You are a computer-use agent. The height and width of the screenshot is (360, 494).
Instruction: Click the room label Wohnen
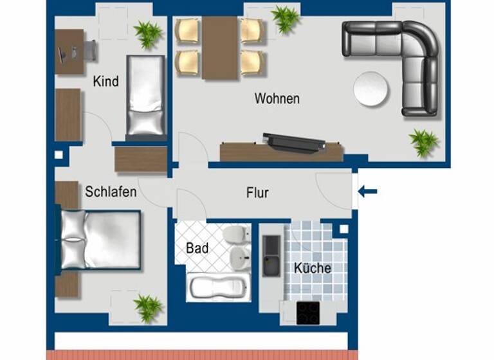(x=277, y=99)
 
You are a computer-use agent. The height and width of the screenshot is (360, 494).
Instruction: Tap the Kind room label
(x=105, y=82)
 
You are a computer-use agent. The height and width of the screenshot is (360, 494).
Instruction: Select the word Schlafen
(x=111, y=192)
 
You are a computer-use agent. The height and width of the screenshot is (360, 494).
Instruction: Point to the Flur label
(x=257, y=193)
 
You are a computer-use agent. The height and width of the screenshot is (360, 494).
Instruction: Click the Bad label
(x=197, y=248)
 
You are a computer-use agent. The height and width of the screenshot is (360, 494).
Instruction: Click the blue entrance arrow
(x=367, y=191)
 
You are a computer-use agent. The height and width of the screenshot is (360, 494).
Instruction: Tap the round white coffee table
(x=372, y=88)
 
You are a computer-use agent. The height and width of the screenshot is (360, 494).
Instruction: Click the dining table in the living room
(x=220, y=48)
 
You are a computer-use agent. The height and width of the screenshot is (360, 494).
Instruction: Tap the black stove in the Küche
(x=307, y=312)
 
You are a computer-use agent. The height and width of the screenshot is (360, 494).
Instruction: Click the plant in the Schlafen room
(x=148, y=307)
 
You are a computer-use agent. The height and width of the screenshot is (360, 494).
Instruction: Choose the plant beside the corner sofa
(x=424, y=141)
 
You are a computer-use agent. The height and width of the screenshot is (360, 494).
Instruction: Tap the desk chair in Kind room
(x=90, y=51)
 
